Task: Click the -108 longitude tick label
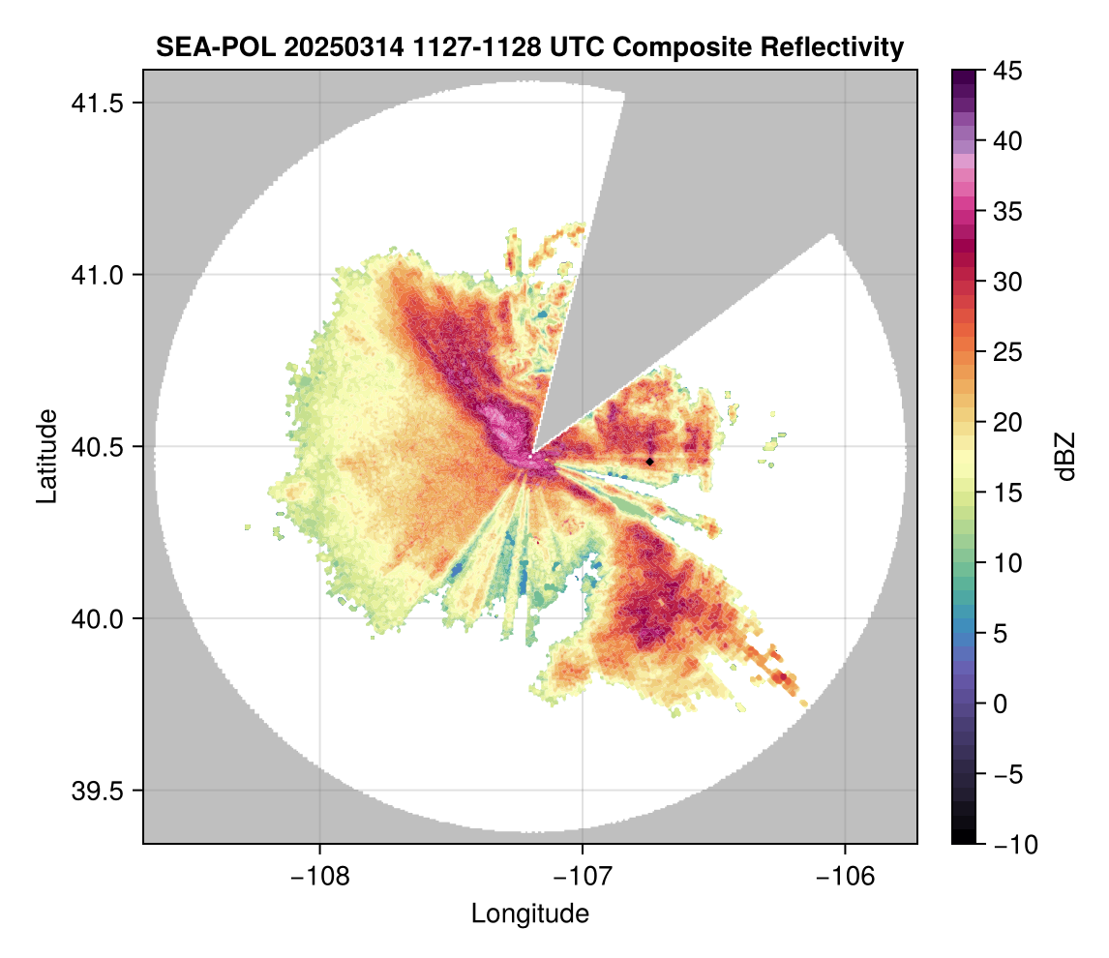318,876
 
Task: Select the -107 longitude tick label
583,876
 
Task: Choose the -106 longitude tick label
846,876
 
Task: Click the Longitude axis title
529,913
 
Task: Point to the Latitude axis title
46,456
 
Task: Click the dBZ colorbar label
1065,457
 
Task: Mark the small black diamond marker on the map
649,462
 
